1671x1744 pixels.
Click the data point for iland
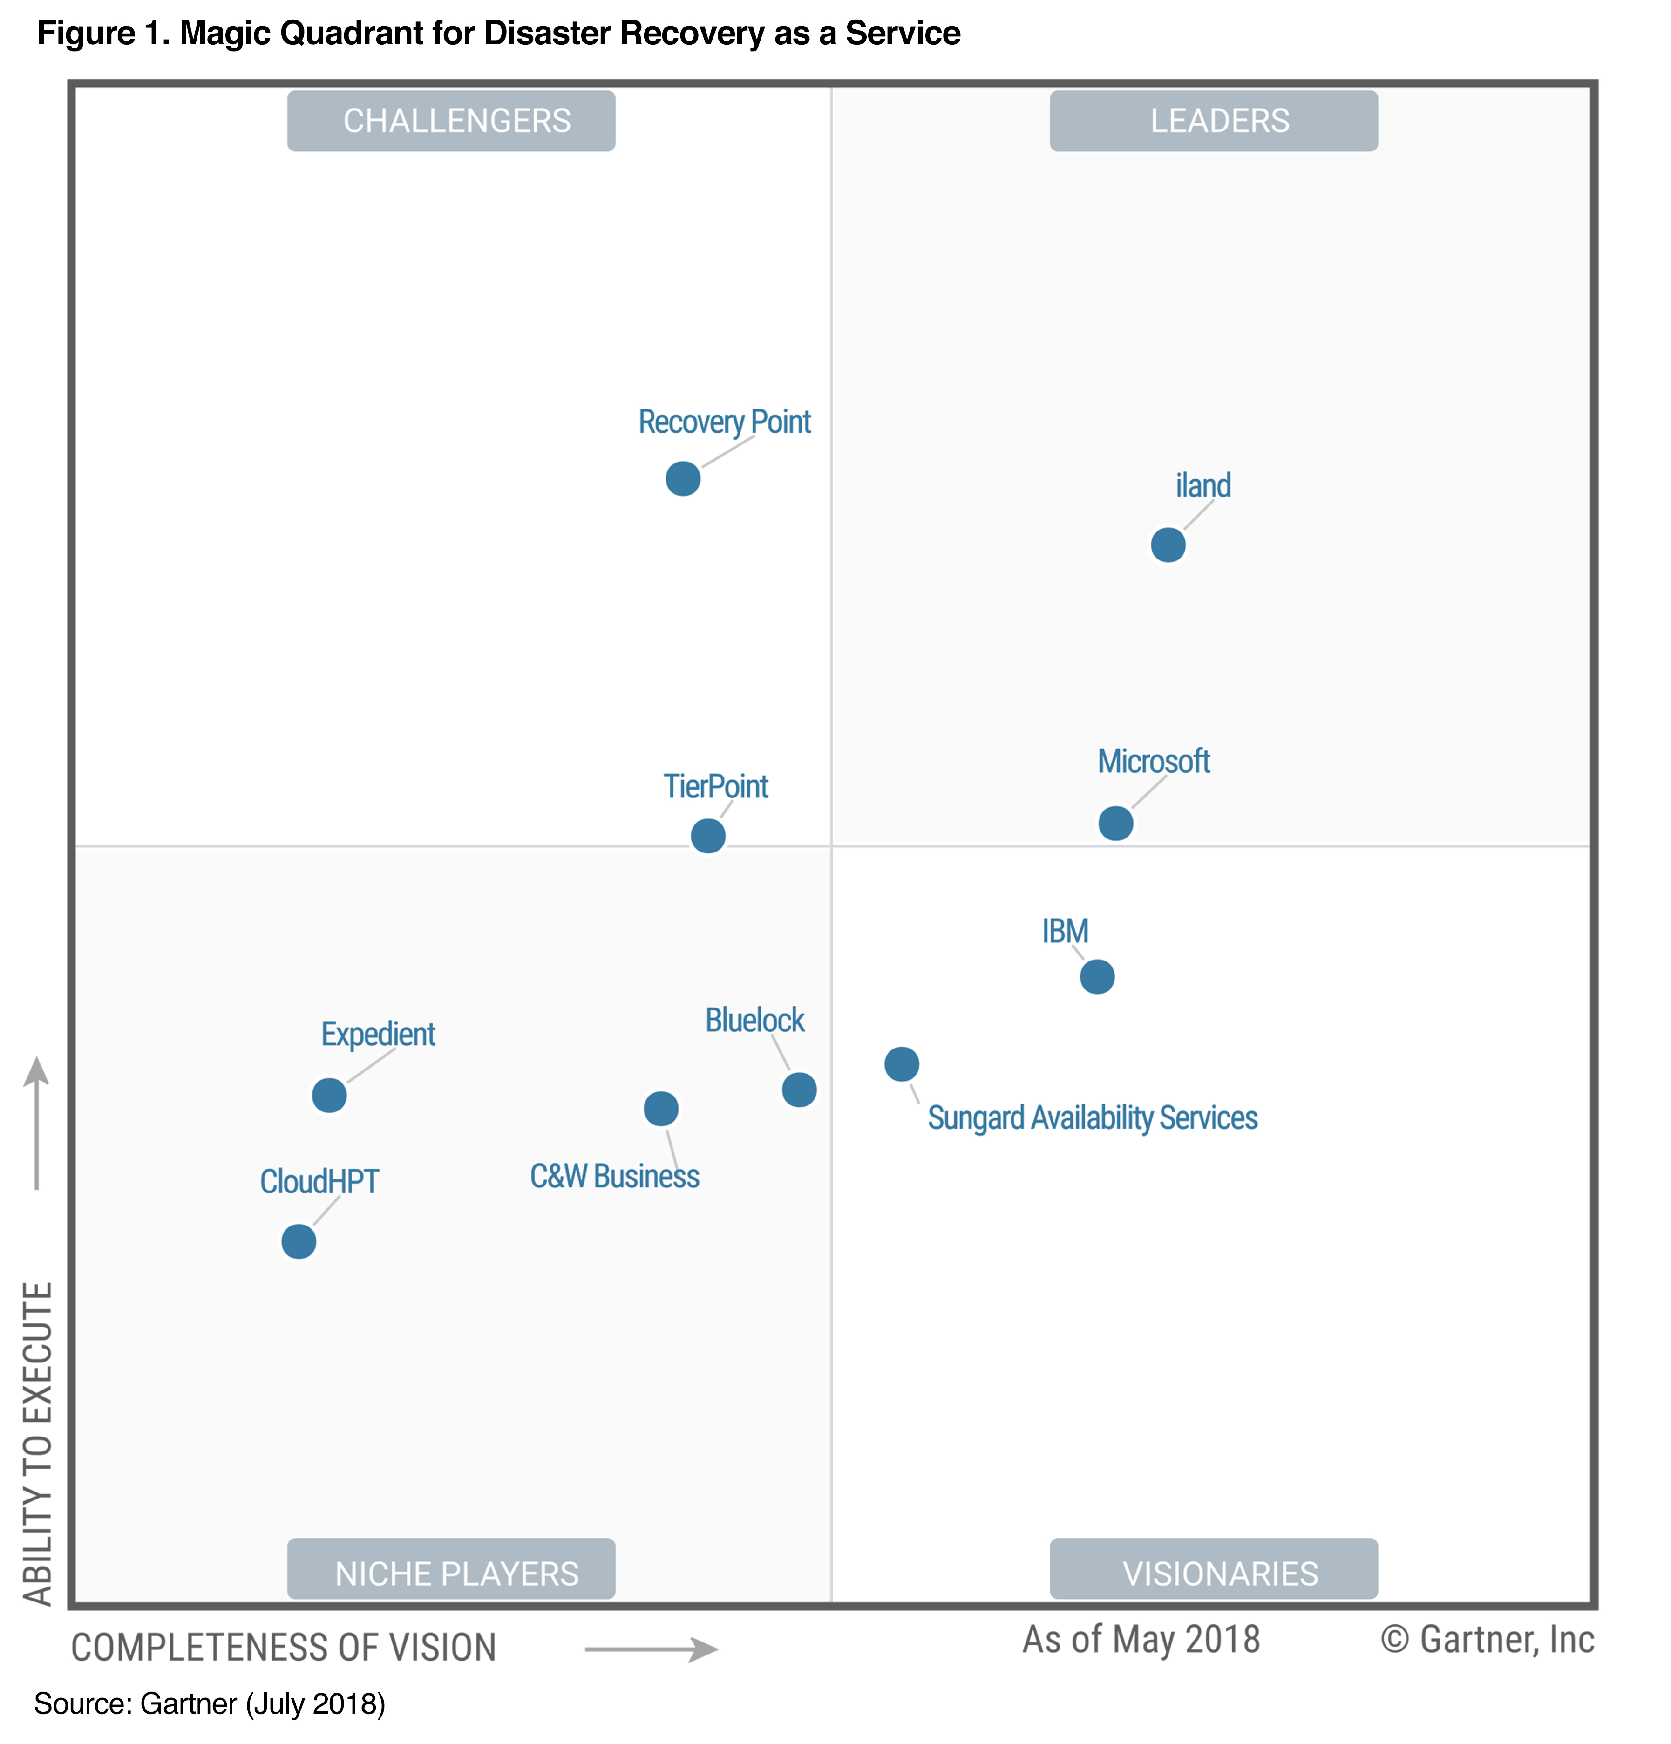pos(1168,545)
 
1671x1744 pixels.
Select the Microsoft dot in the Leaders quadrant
pos(1115,823)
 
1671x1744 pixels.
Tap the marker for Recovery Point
pos(682,479)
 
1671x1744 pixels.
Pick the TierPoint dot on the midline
pos(707,836)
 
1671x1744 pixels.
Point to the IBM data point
pos(1096,976)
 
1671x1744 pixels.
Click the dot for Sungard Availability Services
pos(901,1063)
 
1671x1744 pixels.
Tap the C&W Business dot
pos(660,1108)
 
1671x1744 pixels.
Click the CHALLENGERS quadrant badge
pos(451,121)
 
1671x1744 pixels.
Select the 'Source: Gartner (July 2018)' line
pos(210,1703)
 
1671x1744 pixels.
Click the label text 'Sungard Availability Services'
pos(1092,1117)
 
